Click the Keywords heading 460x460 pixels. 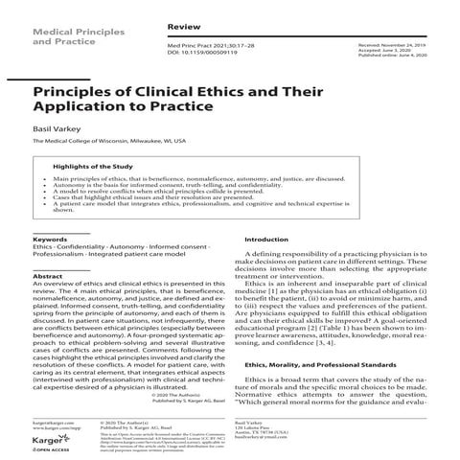pos(49,239)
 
